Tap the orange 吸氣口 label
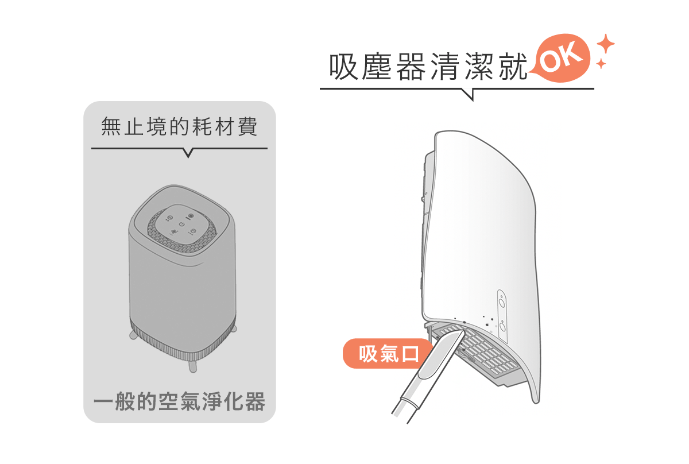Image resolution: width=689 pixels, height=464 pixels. click(x=388, y=354)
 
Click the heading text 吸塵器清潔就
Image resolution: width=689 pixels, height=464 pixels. click(x=428, y=66)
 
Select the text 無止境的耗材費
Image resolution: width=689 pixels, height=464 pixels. click(x=179, y=126)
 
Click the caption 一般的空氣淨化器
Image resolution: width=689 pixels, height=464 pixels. click(x=179, y=401)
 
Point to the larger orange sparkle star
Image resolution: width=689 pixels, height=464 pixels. click(x=606, y=44)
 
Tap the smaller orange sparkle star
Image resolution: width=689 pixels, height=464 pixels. click(x=601, y=64)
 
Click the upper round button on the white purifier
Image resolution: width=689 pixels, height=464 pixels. click(x=502, y=303)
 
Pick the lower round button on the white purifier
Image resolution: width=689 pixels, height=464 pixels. click(x=502, y=326)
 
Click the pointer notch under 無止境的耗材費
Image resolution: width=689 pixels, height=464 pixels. click(x=188, y=153)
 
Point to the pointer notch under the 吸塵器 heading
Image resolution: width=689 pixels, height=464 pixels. click(x=468, y=94)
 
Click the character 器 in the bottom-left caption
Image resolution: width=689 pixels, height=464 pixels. click(x=255, y=401)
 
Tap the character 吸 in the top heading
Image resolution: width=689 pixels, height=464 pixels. click(x=343, y=67)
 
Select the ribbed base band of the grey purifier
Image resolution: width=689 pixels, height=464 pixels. click(x=183, y=342)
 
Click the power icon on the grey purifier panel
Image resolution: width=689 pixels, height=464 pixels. click(x=182, y=225)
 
